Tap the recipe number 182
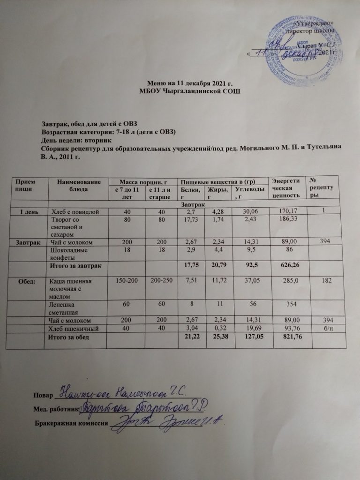pos(327,281)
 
